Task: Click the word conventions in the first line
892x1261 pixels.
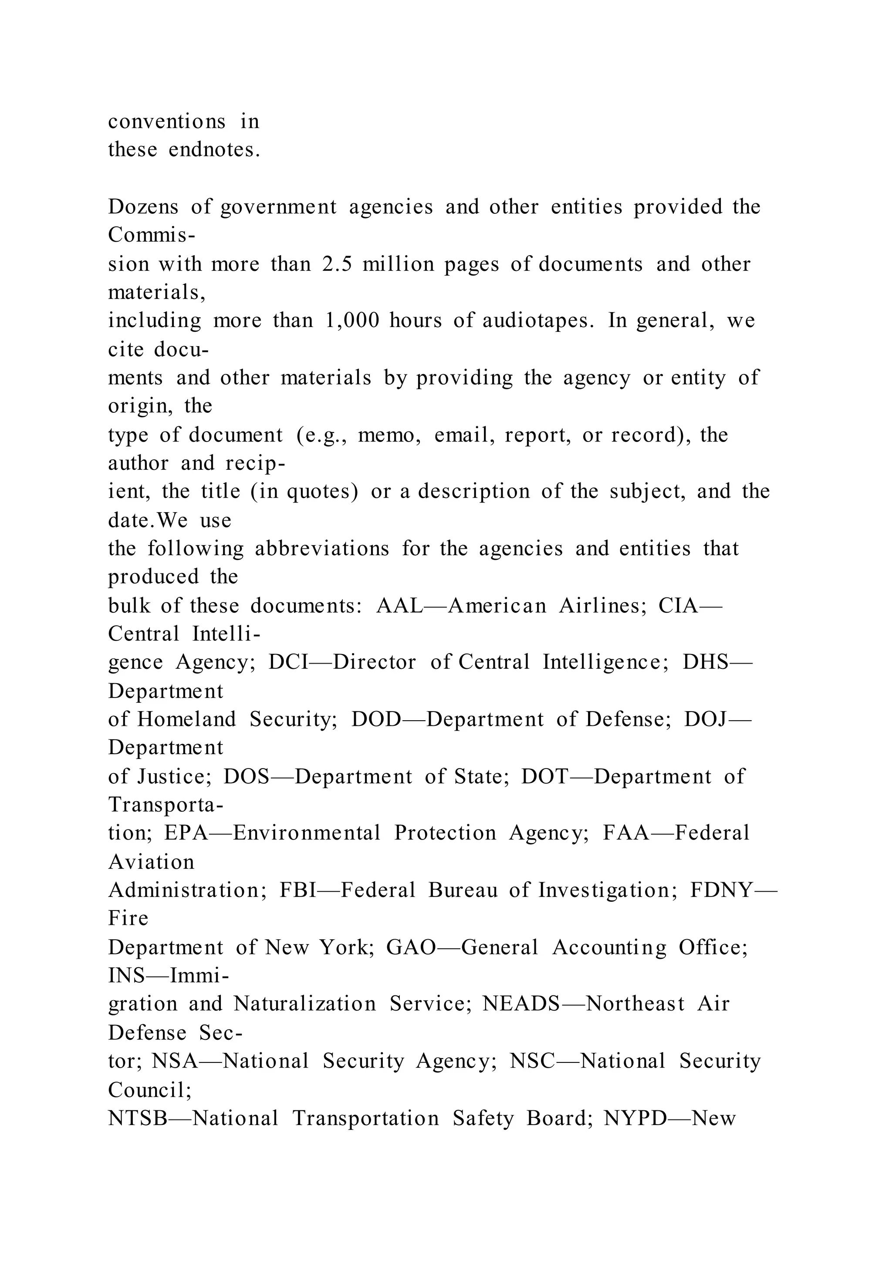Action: [166, 121]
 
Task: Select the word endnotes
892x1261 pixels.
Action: [214, 149]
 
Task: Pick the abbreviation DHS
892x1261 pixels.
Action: [705, 662]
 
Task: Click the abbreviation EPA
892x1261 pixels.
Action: [186, 833]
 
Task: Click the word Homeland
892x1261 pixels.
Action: [186, 719]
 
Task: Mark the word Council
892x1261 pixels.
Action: [149, 1089]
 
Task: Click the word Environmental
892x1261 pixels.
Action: [307, 833]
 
